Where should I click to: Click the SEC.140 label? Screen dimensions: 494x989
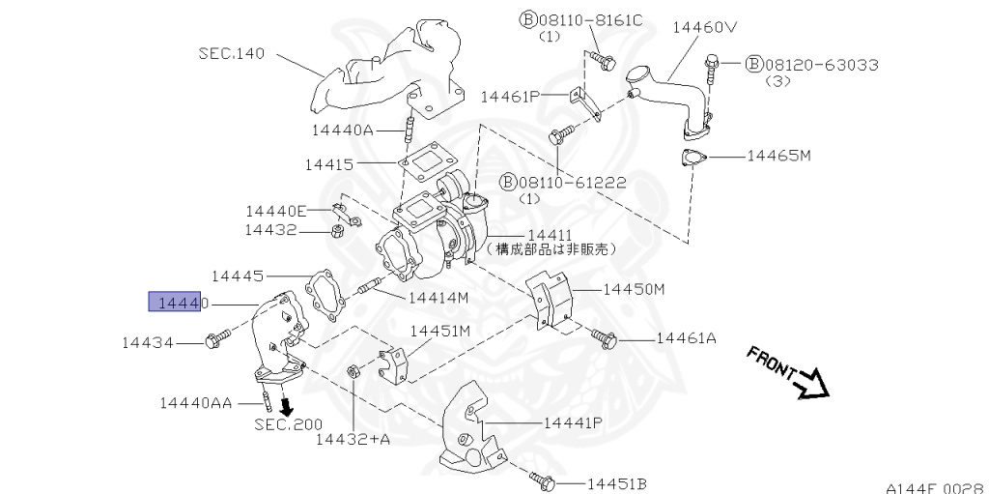pyautogui.click(x=232, y=53)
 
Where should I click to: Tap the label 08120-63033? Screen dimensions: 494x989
pyautogui.click(x=821, y=65)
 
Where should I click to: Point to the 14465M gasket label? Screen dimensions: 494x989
pyautogui.click(x=778, y=155)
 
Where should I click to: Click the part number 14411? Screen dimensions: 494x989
pyautogui.click(x=550, y=235)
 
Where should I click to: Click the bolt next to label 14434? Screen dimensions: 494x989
pyautogui.click(x=215, y=340)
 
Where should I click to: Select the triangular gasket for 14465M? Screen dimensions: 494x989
pyautogui.click(x=693, y=159)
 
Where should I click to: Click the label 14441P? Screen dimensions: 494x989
pyautogui.click(x=573, y=422)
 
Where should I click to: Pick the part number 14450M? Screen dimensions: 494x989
pyautogui.click(x=635, y=288)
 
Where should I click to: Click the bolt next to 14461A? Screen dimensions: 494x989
pyautogui.click(x=606, y=337)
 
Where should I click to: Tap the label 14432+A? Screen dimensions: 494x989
pyautogui.click(x=353, y=439)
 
